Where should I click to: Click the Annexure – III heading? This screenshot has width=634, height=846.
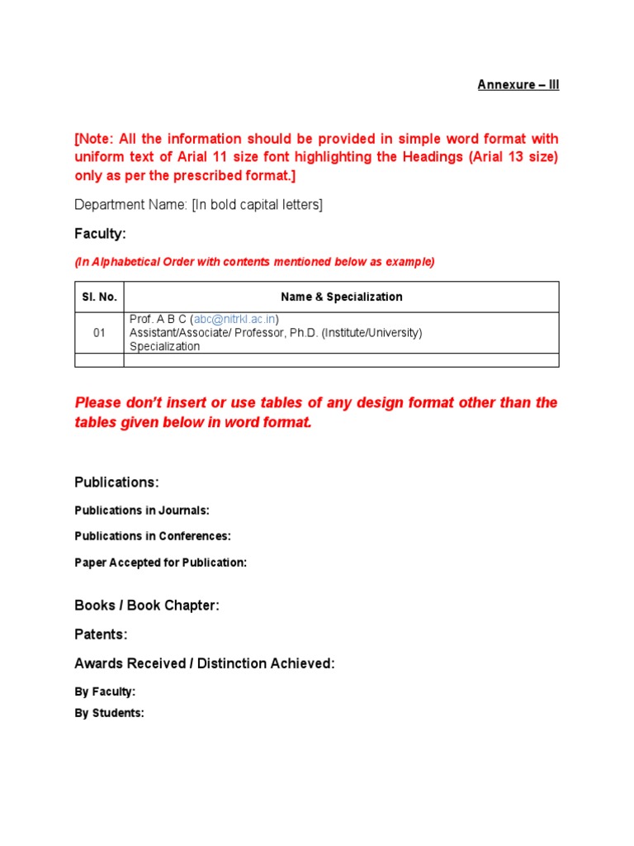518,85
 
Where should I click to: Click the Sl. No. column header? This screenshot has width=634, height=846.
99,297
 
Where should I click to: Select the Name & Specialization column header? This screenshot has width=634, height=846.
341,297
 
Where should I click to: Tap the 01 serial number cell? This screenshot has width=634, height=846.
99,333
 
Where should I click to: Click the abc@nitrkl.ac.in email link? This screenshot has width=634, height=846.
235,319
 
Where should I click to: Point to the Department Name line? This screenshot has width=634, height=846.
198,205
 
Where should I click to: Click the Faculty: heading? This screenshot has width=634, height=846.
100,234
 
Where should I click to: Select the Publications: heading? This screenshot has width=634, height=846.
116,482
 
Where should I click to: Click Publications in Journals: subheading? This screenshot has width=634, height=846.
141,511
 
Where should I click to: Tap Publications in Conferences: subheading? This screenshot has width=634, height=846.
152,536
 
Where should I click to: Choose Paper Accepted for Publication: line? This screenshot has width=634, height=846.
160,563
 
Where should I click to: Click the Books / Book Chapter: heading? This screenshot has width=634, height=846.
147,606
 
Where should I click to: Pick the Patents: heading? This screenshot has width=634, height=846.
101,634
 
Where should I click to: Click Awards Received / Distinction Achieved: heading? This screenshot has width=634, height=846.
205,663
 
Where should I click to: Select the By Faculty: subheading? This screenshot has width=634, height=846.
105,692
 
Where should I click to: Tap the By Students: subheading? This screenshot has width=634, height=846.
109,713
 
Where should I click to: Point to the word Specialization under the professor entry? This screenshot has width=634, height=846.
164,346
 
